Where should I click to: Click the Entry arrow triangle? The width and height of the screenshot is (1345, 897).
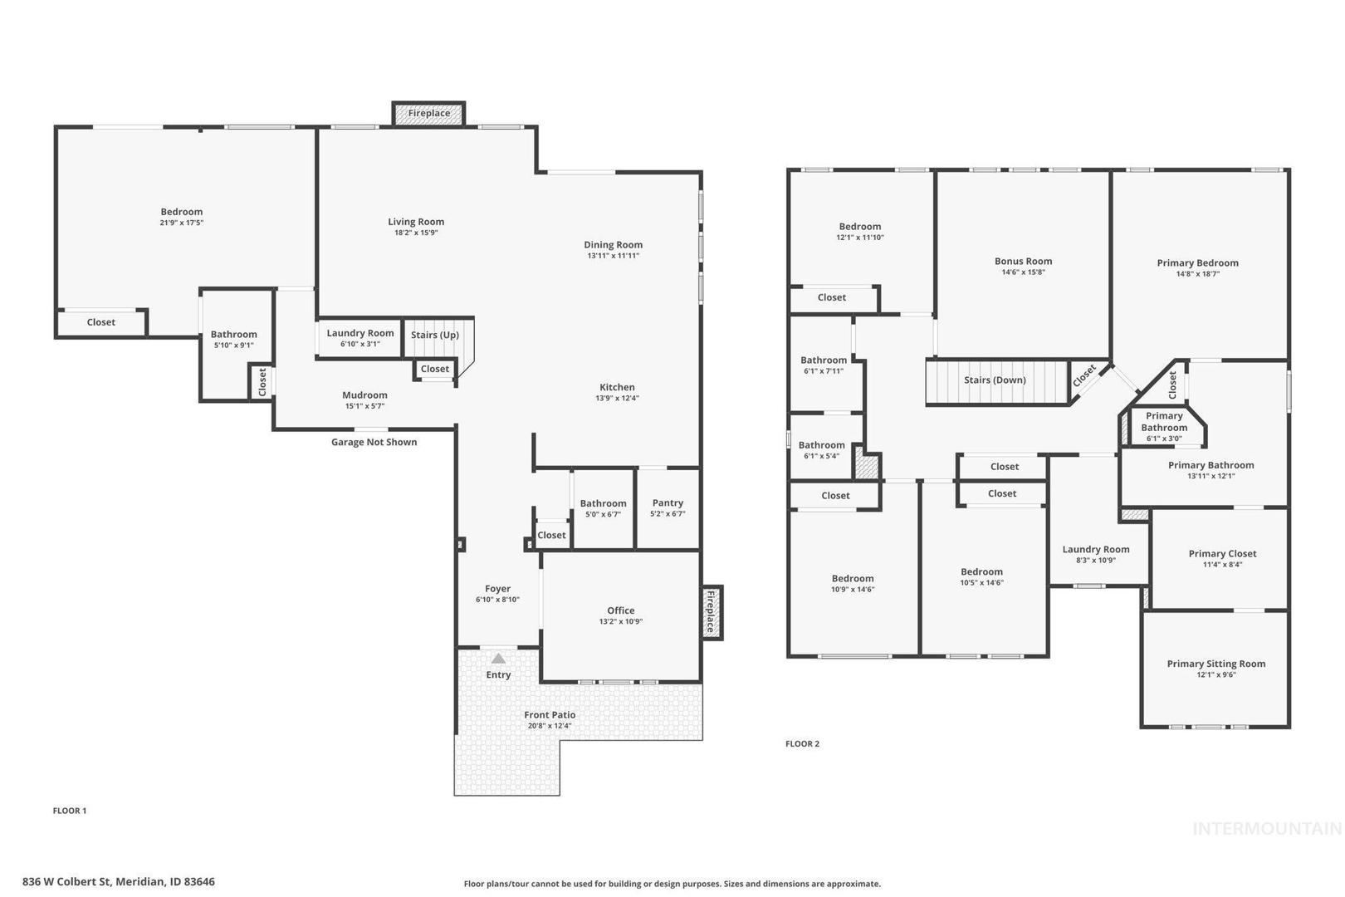(498, 659)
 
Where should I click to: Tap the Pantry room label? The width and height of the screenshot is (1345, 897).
(668, 502)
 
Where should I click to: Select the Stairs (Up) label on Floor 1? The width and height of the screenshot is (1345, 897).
(435, 335)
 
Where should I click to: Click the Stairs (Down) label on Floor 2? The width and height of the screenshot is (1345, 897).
(995, 380)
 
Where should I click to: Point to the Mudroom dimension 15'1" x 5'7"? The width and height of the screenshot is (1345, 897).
(365, 406)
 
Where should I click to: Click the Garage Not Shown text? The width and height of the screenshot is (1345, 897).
(374, 442)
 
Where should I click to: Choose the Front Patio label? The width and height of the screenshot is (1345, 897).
(550, 715)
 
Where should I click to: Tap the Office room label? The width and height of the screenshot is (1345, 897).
(621, 610)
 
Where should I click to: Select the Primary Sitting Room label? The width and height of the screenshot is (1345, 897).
(1216, 664)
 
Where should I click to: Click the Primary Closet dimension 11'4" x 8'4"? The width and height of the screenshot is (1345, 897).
(1222, 565)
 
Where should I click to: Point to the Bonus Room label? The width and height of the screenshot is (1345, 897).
(1023, 262)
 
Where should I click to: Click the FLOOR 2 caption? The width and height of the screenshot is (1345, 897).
(802, 744)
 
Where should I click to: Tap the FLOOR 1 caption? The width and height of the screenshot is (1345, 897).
(70, 811)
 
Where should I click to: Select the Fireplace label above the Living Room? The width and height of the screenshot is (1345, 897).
(428, 114)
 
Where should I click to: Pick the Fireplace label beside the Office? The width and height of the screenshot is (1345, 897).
(711, 611)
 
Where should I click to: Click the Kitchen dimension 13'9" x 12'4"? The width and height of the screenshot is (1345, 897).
(617, 399)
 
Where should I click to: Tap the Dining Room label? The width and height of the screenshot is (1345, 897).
(613, 244)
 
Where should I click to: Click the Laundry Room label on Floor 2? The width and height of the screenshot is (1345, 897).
(1096, 549)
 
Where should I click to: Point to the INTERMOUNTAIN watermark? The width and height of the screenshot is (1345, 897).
(1267, 829)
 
